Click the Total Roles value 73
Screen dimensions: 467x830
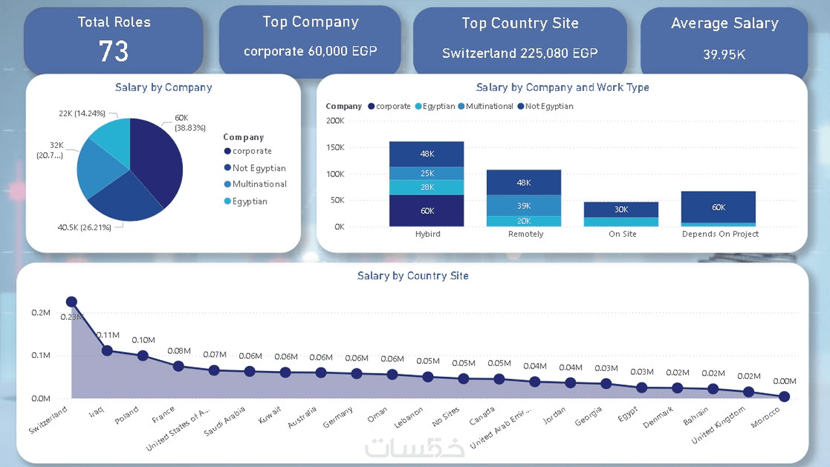coord(113,51)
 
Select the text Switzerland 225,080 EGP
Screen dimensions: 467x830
coord(519,53)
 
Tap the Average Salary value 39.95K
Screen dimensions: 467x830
coord(724,54)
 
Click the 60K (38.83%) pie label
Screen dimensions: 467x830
coord(189,123)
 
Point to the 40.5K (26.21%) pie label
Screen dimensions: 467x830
coord(84,228)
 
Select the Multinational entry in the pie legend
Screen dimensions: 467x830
coord(259,184)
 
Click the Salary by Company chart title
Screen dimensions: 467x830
coord(163,87)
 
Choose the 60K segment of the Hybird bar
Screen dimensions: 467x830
coord(427,211)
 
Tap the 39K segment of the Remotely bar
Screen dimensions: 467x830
coord(524,205)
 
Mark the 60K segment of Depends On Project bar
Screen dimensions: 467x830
coord(718,208)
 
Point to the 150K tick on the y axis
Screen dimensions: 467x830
coord(335,147)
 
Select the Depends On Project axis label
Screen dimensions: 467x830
coord(720,234)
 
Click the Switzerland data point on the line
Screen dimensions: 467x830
coord(71,302)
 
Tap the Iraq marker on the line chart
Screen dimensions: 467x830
coord(107,350)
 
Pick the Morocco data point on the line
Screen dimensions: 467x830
coord(784,396)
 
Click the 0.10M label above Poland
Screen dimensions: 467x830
coord(143,340)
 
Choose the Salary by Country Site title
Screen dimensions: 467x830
coord(412,276)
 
